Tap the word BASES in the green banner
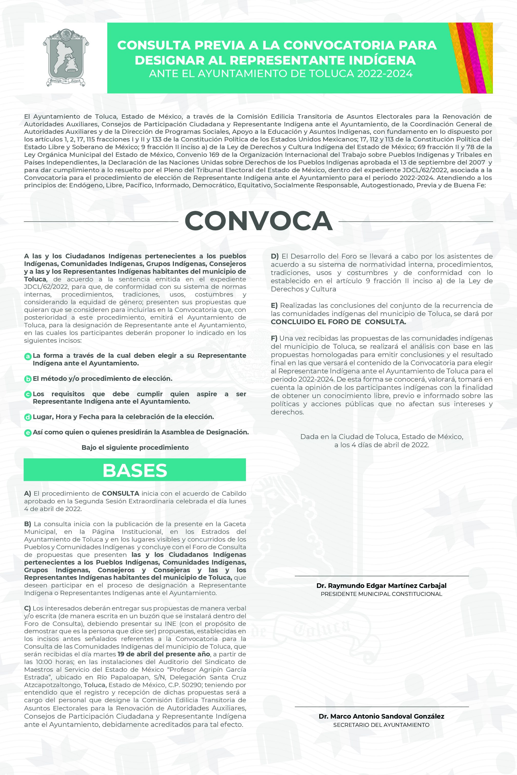click(x=135, y=470)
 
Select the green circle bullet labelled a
click(x=28, y=356)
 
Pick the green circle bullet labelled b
click(x=28, y=379)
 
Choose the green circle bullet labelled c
click(x=28, y=394)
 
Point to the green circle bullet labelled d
click(x=28, y=417)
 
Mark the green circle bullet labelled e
click(x=28, y=432)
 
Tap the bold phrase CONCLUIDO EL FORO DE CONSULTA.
click(x=338, y=322)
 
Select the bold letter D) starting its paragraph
click(x=275, y=256)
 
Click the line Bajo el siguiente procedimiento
click(x=135, y=447)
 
